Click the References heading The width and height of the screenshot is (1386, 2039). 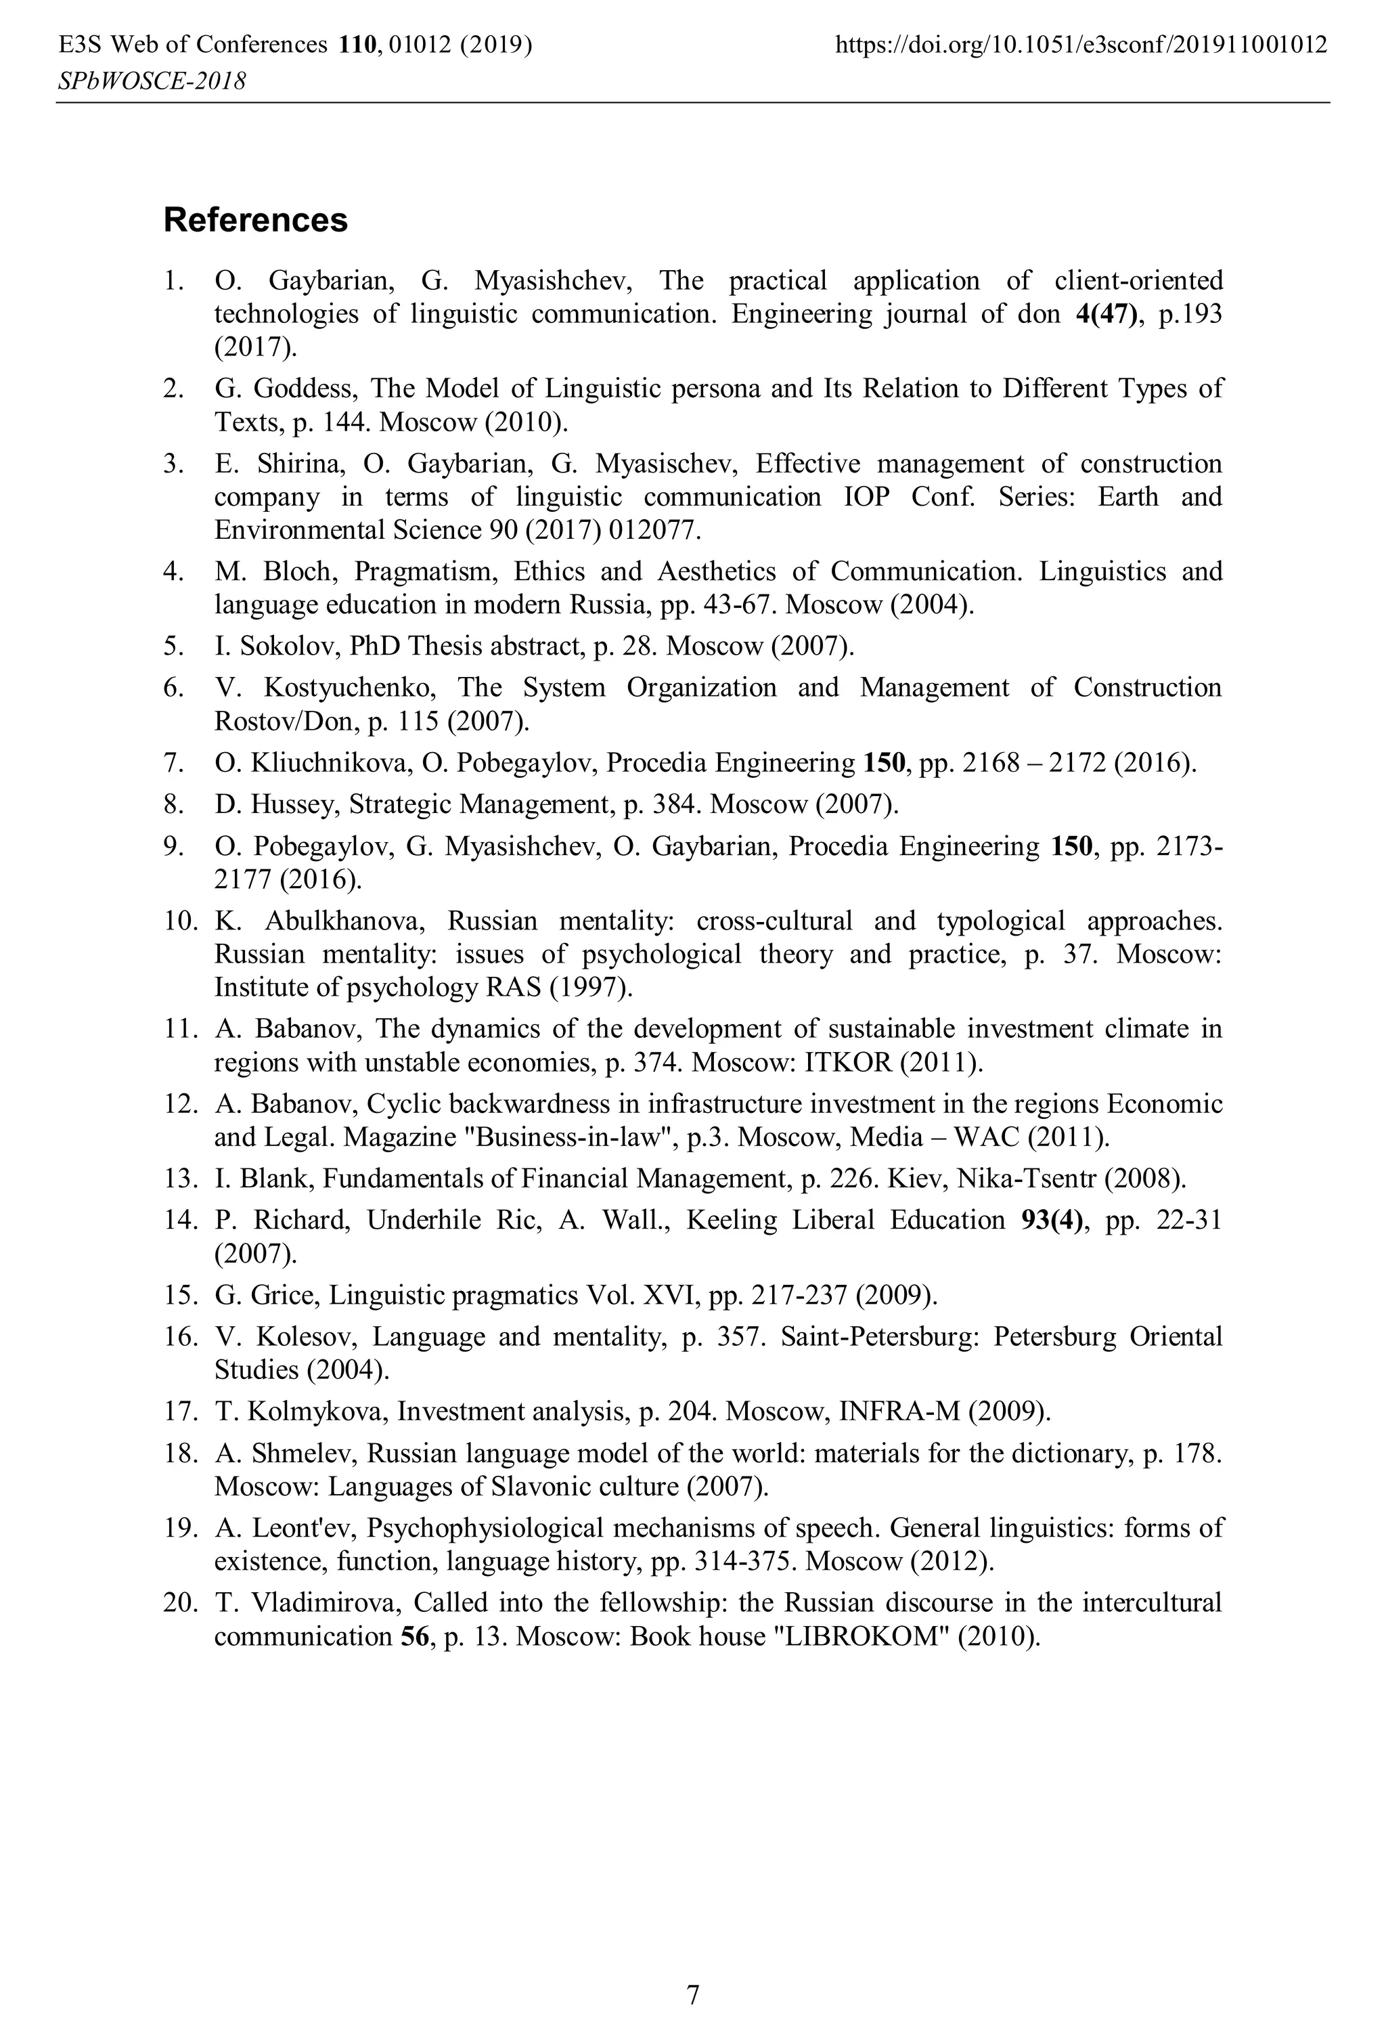pos(255,220)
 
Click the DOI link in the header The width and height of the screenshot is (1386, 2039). pos(1081,45)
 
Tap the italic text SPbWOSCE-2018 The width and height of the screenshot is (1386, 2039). pos(151,82)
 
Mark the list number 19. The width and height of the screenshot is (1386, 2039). pos(178,1529)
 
